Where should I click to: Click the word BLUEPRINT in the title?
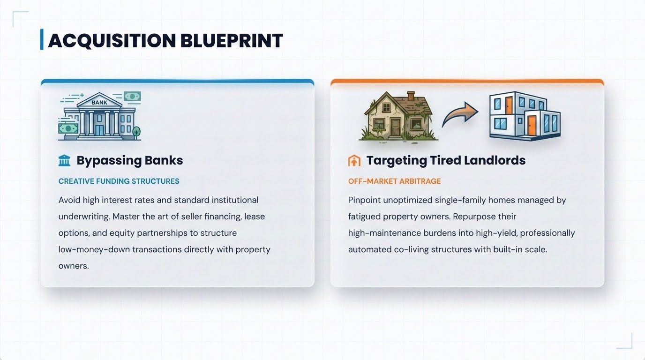pos(232,40)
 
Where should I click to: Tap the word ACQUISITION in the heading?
pos(112,41)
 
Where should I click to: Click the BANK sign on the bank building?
pos(99,102)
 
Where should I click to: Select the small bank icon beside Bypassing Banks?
pos(64,160)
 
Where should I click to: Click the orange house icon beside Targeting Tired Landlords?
pos(354,161)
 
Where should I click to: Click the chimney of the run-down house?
pos(411,96)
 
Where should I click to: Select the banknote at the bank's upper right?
pos(133,96)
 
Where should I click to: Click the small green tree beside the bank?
pos(136,132)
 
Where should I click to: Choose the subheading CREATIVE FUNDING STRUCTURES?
pos(119,181)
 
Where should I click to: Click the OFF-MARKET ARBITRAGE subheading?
pos(395,181)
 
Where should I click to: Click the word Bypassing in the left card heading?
pos(109,161)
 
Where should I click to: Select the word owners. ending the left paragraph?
pos(74,266)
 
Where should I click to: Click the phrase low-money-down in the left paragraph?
pos(94,249)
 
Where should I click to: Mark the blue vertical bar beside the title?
pos(42,39)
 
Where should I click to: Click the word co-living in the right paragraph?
pos(411,249)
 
